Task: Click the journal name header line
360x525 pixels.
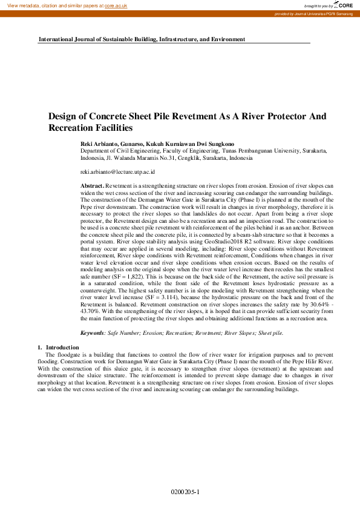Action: (x=142, y=39)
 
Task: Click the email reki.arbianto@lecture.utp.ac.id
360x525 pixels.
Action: (x=117, y=172)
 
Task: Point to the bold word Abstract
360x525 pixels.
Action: (x=93, y=185)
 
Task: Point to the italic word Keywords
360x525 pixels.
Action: (x=93, y=332)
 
